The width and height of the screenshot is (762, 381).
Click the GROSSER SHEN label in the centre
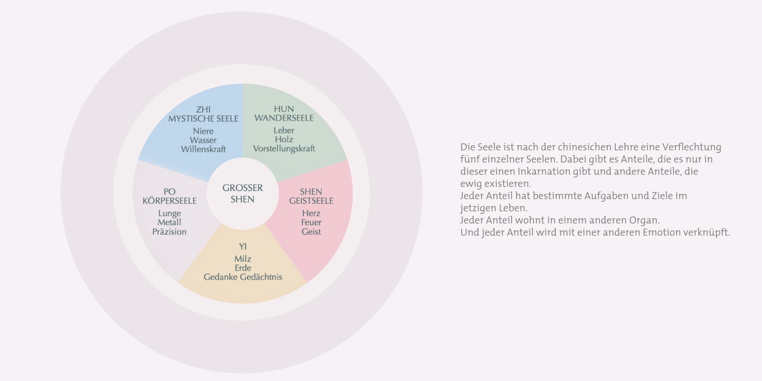pos(242,194)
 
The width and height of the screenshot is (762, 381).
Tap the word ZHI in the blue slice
pos(203,109)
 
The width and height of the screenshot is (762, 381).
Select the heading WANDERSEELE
pos(284,118)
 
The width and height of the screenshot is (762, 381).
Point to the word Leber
pos(284,130)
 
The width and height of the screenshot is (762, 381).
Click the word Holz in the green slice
pos(284,139)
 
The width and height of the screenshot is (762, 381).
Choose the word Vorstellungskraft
pos(284,149)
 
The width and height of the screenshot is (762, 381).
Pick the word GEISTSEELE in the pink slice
pos(311,201)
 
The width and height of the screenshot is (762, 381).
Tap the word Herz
pos(311,213)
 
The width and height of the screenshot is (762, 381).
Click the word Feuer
pos(311,222)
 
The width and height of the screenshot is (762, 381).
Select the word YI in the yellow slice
pos(243,246)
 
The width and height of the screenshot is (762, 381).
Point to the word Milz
pos(243,259)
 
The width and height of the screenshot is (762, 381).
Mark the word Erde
pos(243,268)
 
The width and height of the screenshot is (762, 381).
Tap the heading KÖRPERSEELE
pos(170,201)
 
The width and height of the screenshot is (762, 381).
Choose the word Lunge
pos(170,213)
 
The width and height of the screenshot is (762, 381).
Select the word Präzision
pos(170,232)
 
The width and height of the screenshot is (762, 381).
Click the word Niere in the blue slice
pos(203,131)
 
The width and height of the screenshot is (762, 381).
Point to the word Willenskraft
pos(203,149)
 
